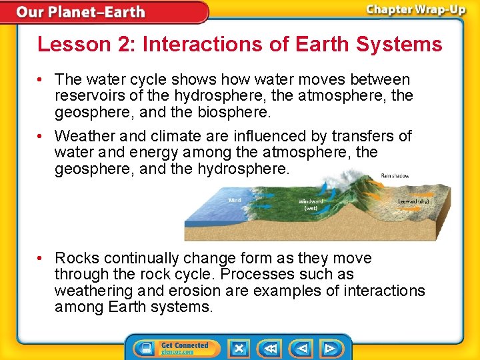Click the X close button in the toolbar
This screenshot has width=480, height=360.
(239, 348)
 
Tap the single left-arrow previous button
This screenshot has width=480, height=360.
(303, 348)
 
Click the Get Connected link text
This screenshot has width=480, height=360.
(185, 345)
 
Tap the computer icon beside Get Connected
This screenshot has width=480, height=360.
(145, 349)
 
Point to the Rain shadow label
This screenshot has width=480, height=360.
(395, 176)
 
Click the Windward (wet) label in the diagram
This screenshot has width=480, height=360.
(311, 205)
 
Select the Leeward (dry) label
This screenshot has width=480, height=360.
(413, 201)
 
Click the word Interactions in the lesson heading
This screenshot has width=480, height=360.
(184, 45)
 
